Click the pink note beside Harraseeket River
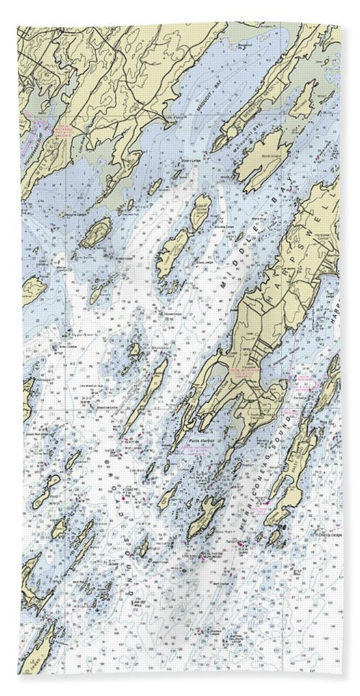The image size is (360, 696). point(60,132)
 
